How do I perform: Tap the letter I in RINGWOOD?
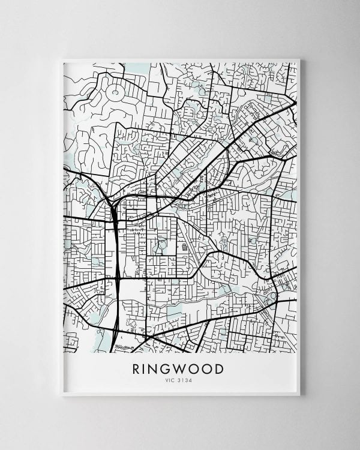click(x=148, y=368)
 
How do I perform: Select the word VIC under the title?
click(x=170, y=380)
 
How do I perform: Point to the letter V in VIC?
click(x=167, y=380)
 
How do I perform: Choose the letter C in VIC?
click(x=174, y=380)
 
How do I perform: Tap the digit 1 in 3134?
click(x=184, y=380)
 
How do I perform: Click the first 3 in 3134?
click(x=181, y=380)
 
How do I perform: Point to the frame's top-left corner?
click(x=62, y=59)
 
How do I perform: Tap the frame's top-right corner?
click(x=299, y=59)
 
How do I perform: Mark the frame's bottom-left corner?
click(x=62, y=395)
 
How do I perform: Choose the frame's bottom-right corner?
click(x=299, y=395)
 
